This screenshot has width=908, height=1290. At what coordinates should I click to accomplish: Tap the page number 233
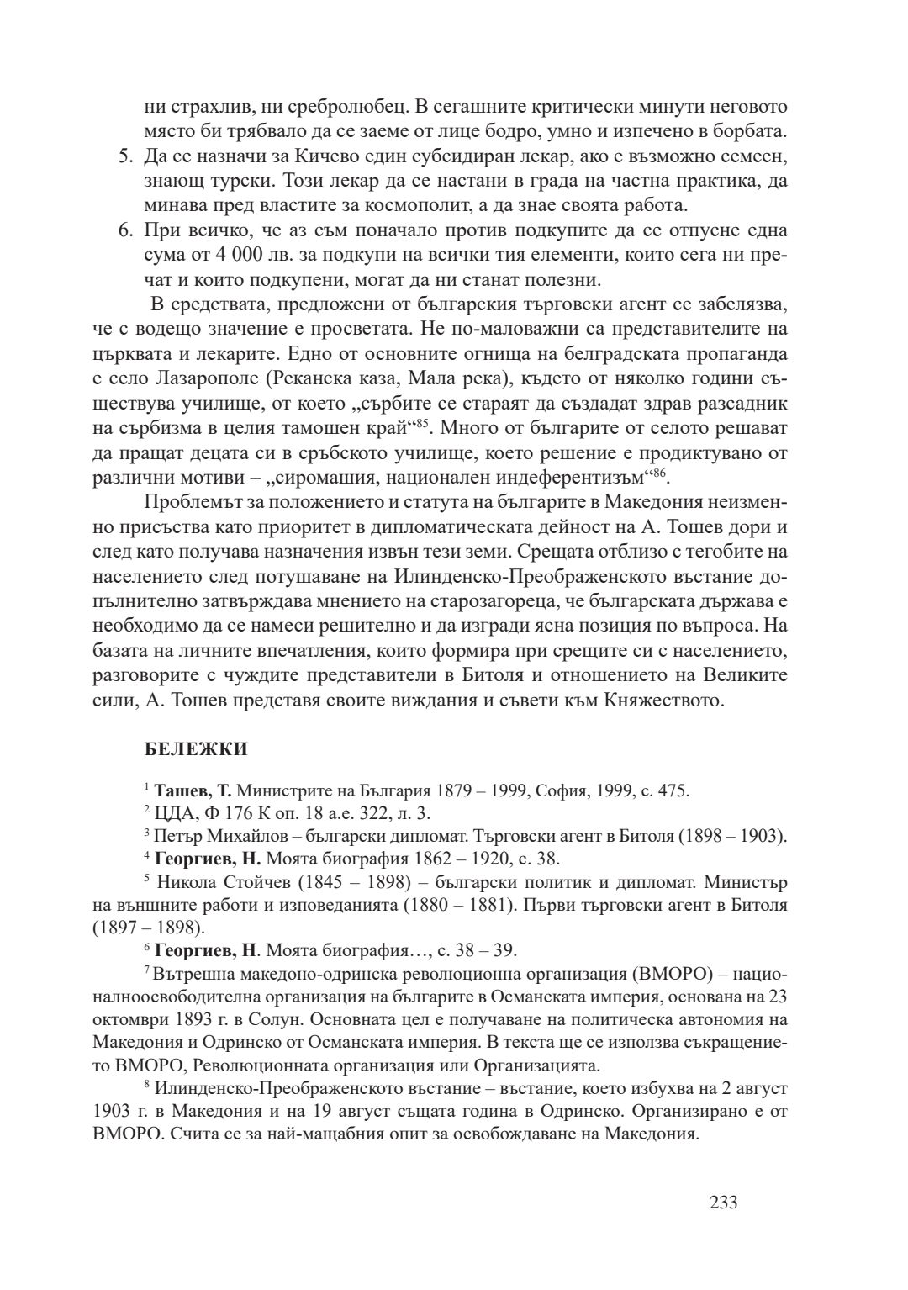pos(723,1203)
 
